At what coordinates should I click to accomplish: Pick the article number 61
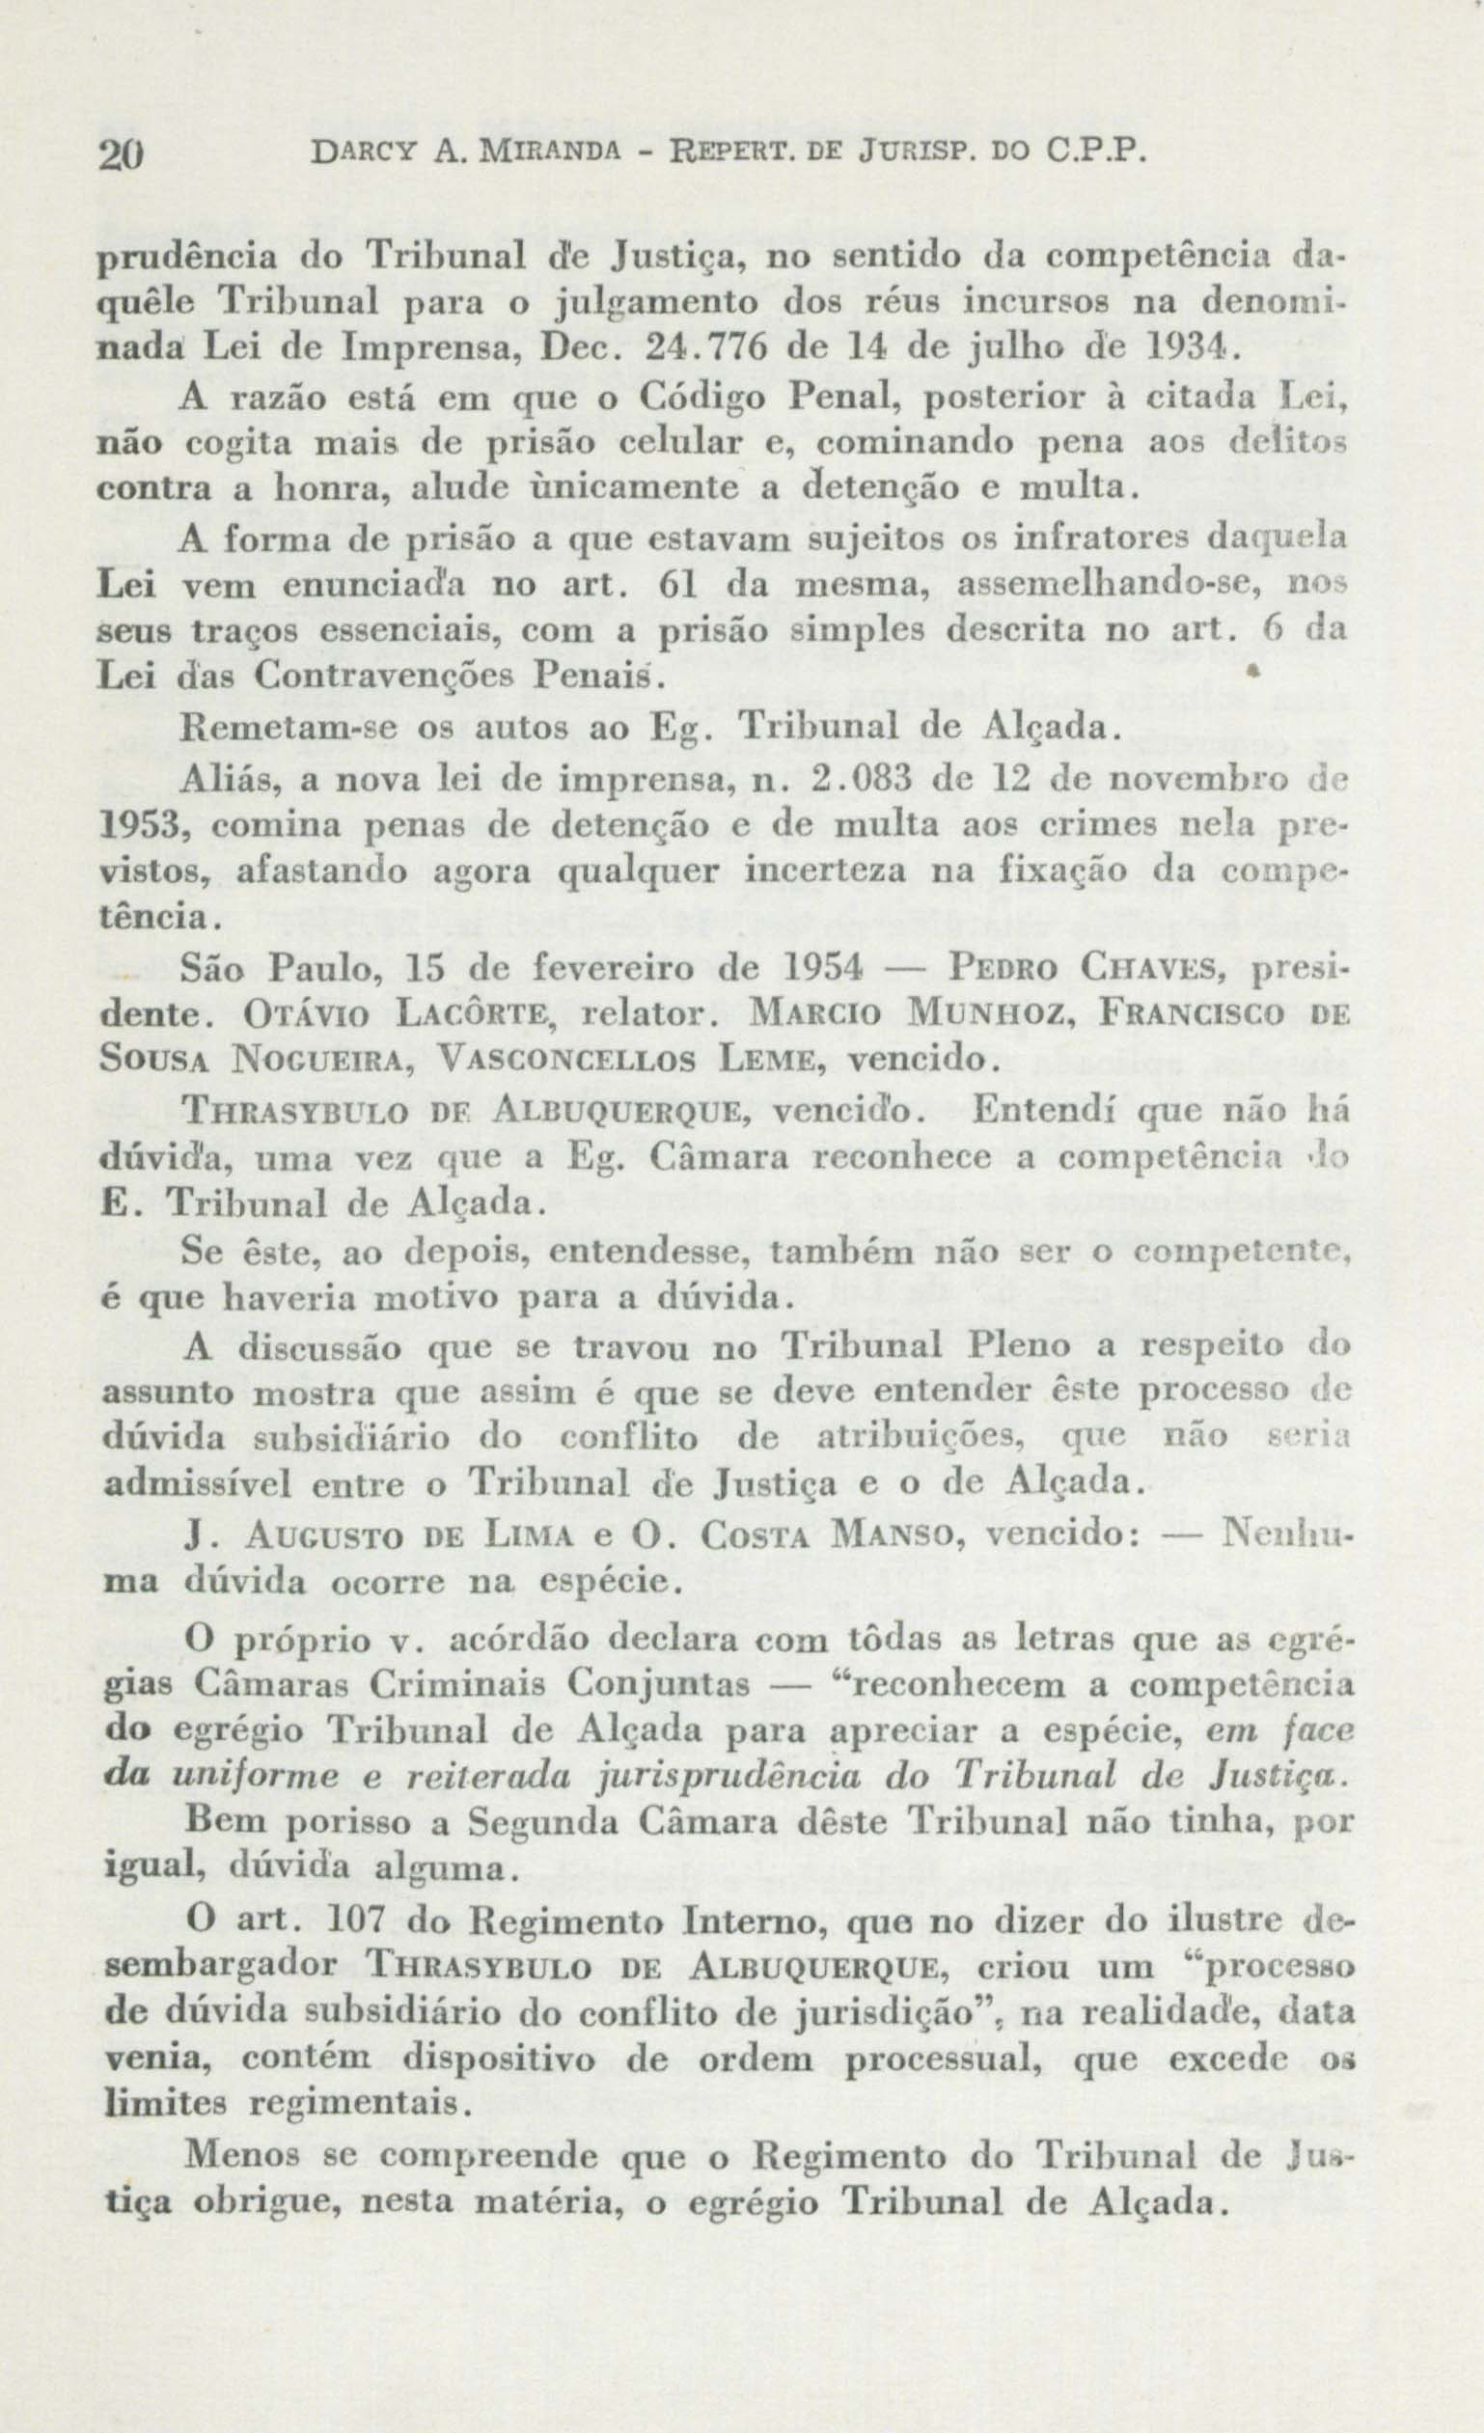pyautogui.click(x=677, y=587)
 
